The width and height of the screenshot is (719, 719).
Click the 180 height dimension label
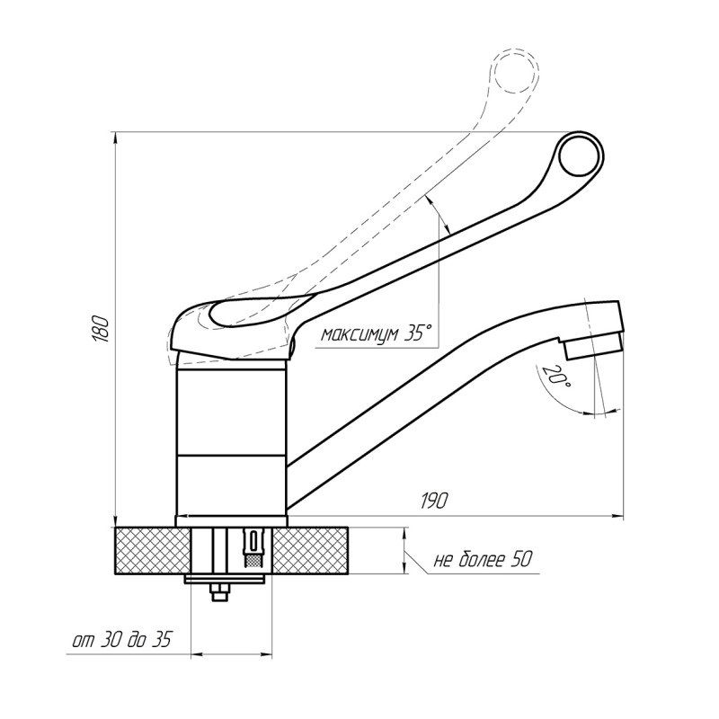[102, 328]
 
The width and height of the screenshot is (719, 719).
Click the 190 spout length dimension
[434, 501]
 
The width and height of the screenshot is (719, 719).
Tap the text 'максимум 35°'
[377, 334]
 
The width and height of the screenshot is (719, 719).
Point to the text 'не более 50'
[482, 560]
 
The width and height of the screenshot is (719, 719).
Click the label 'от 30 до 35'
[121, 640]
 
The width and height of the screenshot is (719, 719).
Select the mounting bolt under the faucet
[219, 594]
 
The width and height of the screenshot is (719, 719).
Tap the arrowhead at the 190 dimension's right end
[619, 516]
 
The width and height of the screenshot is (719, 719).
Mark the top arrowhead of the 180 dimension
[116, 138]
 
